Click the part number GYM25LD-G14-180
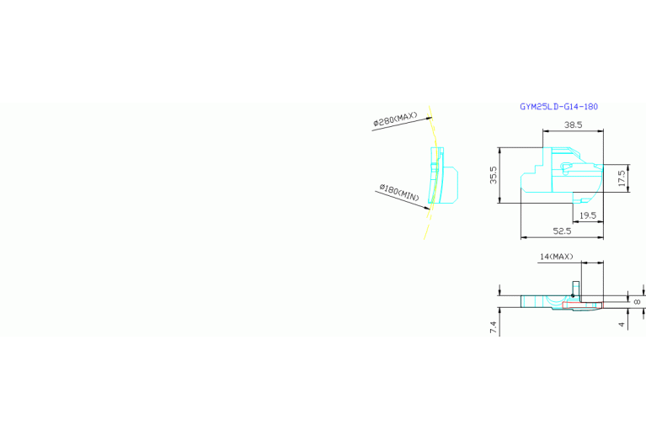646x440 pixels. pos(558,107)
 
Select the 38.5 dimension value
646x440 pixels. pos(573,125)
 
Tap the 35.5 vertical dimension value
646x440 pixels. pos(494,175)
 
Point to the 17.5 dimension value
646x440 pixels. pos(622,178)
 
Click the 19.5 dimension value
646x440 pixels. pos(588,215)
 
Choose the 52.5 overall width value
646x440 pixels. pos(562,231)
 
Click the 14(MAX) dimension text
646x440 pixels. pos(556,257)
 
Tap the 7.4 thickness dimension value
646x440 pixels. pos(494,327)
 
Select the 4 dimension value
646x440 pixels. pos(622,325)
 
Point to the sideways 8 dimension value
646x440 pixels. pos(637,302)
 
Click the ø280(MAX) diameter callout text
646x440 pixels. pos(396,119)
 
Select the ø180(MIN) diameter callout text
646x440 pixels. pos(399,193)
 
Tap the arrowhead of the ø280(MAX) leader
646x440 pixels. pos(430,118)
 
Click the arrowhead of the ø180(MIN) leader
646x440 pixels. pos(428,208)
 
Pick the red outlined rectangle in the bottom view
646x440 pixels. pos(582,305)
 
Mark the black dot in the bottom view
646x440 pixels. pos(573,295)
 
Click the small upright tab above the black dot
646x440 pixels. pos(576,289)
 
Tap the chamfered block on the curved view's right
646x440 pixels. pos(450,185)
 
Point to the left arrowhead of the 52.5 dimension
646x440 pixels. pos(524,237)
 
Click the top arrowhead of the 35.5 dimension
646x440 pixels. pos(499,151)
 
